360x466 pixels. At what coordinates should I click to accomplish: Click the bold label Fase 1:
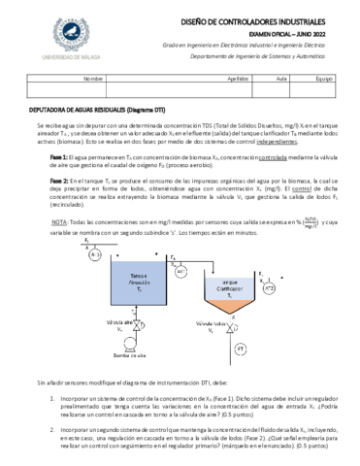(x=59, y=155)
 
